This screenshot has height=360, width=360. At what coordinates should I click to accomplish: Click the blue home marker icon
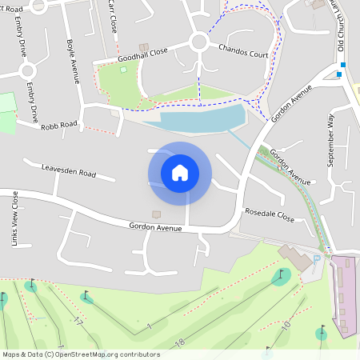pyautogui.click(x=180, y=172)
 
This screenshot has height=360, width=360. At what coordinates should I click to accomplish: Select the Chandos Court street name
pyautogui.click(x=243, y=50)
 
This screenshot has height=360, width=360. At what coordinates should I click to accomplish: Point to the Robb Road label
pyautogui.click(x=60, y=126)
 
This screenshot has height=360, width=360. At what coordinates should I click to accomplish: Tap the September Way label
pyautogui.click(x=330, y=140)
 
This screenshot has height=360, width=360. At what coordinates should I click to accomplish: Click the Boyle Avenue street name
pyautogui.click(x=73, y=61)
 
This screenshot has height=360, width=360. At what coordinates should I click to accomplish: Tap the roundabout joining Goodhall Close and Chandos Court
pyautogui.click(x=198, y=42)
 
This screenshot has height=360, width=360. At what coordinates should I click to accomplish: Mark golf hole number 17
pyautogui.click(x=78, y=322)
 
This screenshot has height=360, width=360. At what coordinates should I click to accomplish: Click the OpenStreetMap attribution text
pyautogui.click(x=81, y=354)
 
